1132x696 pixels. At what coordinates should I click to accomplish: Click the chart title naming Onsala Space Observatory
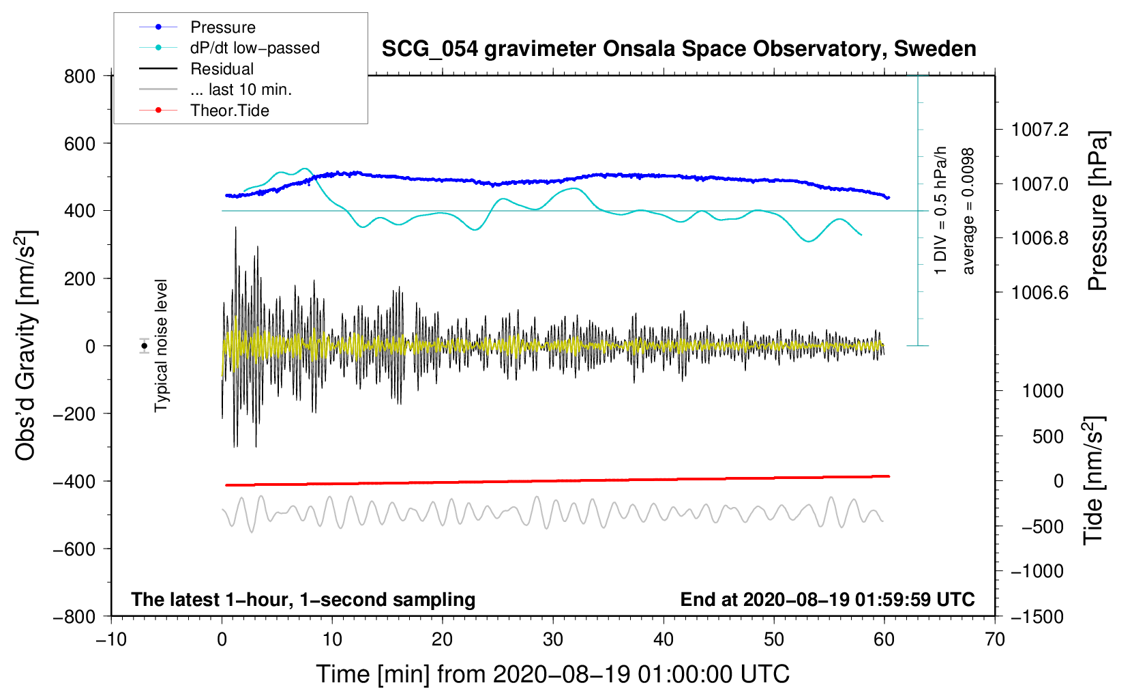(x=679, y=49)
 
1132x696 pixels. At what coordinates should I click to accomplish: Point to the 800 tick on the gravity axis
(x=80, y=76)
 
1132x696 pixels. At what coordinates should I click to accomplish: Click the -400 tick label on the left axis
(x=74, y=482)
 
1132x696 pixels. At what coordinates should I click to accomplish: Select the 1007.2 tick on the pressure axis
(x=1039, y=130)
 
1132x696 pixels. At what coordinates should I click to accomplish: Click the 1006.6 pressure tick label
(x=1039, y=292)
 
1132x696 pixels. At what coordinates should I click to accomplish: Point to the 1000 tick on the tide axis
(x=1043, y=390)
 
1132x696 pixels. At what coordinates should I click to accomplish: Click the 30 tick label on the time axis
(x=553, y=640)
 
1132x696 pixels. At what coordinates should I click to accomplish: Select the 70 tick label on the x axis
(x=994, y=640)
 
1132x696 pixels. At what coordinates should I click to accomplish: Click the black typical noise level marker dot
(x=144, y=346)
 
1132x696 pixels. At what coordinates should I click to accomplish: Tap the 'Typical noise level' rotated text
(x=160, y=346)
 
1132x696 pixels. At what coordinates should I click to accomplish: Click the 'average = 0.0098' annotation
(x=968, y=212)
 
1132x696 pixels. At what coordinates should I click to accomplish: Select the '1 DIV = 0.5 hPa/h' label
(x=940, y=211)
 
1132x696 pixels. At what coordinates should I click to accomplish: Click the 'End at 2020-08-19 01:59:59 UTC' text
(x=827, y=599)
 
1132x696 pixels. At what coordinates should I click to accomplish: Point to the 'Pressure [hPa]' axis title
(x=1097, y=211)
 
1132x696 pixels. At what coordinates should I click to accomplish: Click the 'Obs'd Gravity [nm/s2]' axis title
(x=25, y=345)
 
